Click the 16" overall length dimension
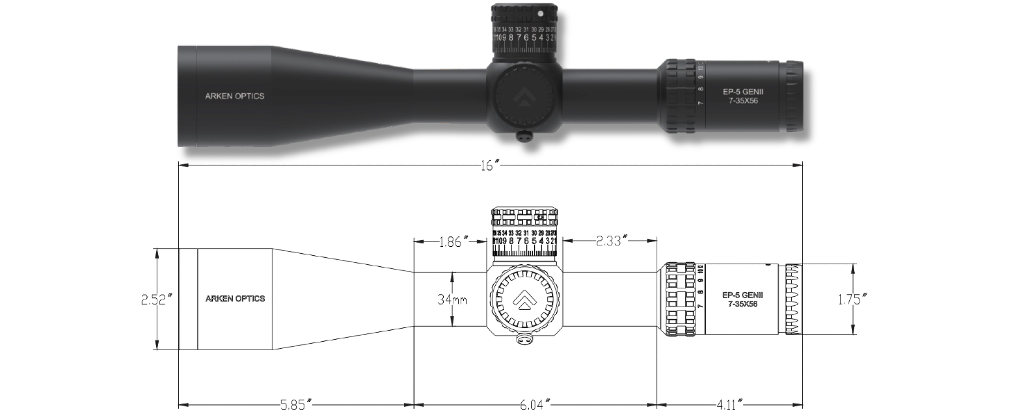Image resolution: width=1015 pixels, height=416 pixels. (x=490, y=165)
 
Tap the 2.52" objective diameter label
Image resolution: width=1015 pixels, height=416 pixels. (x=156, y=300)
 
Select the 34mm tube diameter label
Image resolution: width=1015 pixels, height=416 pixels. (x=451, y=300)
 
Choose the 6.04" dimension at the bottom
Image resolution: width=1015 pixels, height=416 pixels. (x=534, y=404)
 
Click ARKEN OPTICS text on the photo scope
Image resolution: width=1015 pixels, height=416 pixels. (x=234, y=96)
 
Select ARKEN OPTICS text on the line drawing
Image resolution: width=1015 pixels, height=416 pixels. (x=235, y=300)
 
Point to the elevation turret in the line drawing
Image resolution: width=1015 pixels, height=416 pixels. (x=525, y=236)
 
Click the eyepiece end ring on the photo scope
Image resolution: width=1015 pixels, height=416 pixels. (x=793, y=96)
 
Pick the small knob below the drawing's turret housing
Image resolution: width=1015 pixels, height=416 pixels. (x=524, y=340)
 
